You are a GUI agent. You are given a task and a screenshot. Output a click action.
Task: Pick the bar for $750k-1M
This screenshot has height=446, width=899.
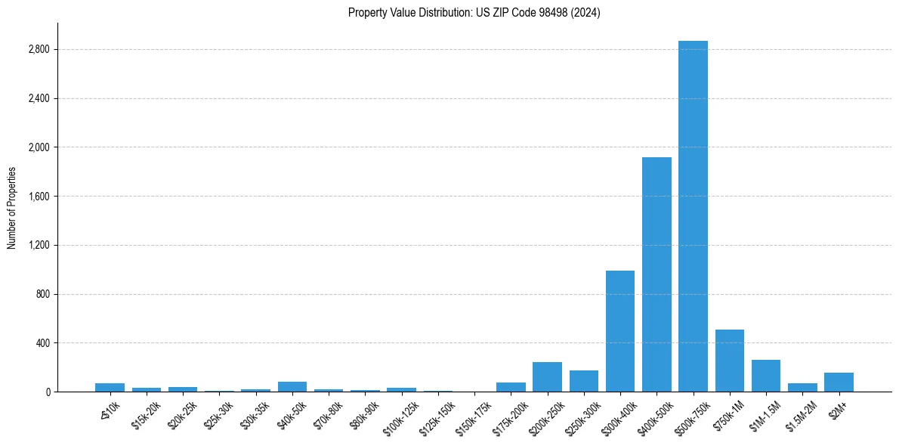(730, 361)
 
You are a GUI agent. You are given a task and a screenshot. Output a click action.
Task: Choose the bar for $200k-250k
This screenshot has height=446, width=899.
(547, 377)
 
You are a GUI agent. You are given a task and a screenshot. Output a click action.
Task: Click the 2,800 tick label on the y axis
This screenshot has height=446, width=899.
(39, 50)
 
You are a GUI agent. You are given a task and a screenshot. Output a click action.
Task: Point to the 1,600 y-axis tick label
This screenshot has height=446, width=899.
(39, 197)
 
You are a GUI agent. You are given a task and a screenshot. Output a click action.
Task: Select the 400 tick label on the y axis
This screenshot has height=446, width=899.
(42, 343)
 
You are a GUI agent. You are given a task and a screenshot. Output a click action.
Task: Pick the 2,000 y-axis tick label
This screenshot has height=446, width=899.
(39, 147)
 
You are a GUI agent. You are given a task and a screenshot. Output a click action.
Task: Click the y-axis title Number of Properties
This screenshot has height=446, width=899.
(11, 207)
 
